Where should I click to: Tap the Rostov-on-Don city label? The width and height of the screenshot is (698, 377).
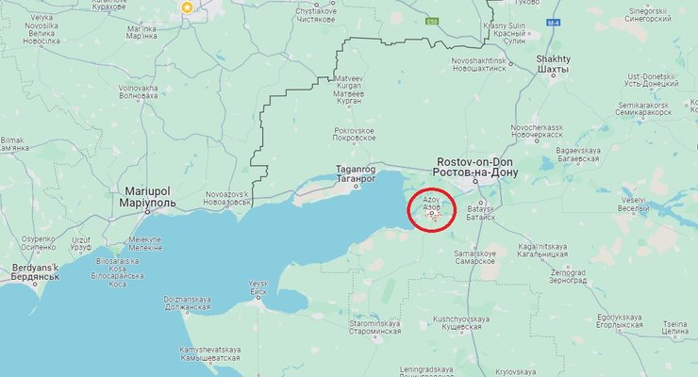point(472,168)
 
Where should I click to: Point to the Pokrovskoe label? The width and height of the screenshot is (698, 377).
point(355,134)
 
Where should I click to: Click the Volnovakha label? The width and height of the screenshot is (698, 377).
point(138,91)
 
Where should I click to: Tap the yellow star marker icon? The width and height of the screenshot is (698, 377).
point(187,8)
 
